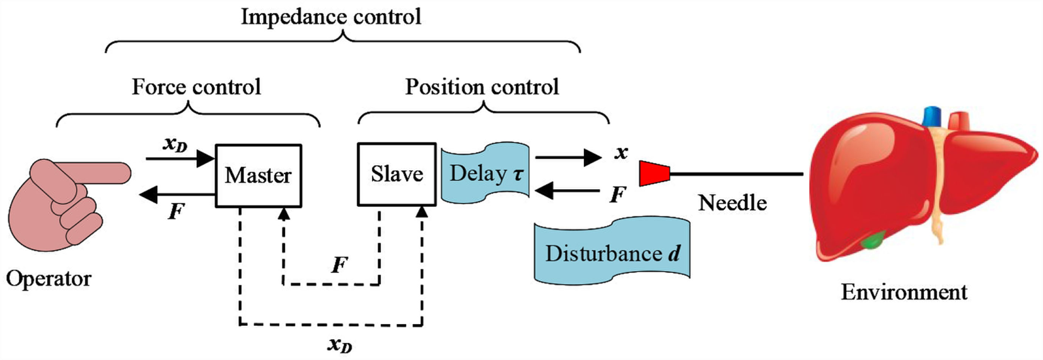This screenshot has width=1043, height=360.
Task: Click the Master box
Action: click(259, 175)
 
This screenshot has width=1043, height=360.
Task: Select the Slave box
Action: click(397, 174)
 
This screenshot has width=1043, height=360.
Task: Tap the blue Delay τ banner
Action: click(486, 173)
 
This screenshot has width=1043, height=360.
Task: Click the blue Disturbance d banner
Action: click(612, 253)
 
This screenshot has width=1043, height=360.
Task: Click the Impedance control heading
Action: click(331, 16)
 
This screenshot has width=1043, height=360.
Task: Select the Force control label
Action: click(196, 86)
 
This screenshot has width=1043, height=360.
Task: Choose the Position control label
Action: click(482, 86)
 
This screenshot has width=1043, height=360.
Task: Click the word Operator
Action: click(49, 278)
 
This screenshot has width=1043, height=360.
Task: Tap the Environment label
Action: click(904, 292)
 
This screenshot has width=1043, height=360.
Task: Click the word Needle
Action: click(732, 202)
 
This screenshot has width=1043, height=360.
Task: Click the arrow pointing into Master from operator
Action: click(180, 159)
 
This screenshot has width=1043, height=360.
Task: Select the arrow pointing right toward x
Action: click(568, 157)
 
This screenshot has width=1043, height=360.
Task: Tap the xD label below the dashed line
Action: click(339, 344)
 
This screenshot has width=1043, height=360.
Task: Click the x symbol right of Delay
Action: click(621, 153)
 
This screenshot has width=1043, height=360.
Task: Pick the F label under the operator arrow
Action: click(176, 211)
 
